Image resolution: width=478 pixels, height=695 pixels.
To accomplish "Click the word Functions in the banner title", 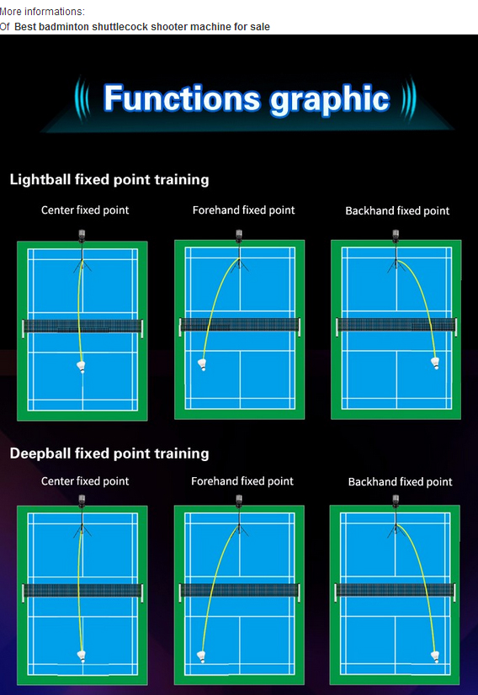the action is [183, 98].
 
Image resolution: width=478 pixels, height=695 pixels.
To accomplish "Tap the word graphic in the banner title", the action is [330, 100].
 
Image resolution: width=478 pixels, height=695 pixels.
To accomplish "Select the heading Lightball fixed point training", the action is [109, 179].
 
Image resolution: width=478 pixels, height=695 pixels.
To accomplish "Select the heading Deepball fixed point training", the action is [109, 454].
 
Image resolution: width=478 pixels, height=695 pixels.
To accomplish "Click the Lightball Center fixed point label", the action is [85, 210].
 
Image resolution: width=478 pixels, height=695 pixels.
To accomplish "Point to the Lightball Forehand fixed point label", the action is [243, 210].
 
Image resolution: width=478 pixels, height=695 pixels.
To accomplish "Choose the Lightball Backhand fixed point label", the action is [397, 210].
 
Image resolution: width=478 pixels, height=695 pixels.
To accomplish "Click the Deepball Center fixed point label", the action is [85, 481].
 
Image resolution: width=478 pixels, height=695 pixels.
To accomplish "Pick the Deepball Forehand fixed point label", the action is [242, 481].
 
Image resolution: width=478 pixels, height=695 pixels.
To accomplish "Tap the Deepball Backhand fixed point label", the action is [400, 482].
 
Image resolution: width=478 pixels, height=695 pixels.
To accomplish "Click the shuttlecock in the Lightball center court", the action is [81, 367].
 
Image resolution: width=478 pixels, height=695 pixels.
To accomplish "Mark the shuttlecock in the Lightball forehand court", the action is [202, 364].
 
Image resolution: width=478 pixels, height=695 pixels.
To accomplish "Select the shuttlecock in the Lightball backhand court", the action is [435, 363].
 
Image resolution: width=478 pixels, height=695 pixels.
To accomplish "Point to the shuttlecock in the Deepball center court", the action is [81, 656].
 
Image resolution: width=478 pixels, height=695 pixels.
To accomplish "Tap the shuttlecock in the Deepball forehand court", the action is [201, 656].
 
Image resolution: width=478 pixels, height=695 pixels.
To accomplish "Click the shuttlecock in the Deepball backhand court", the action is [435, 656].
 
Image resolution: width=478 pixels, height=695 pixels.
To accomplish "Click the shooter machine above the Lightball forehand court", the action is [239, 236].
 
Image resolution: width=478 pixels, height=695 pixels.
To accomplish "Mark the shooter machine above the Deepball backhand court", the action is [396, 501].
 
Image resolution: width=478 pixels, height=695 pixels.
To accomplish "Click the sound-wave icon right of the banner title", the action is [409, 98].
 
